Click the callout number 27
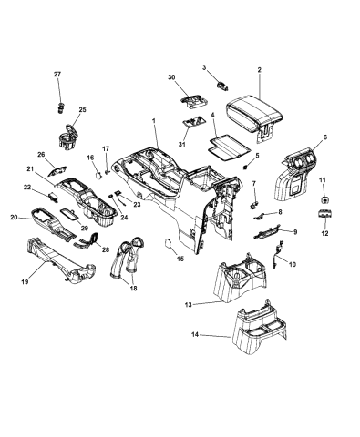pyautogui.click(x=57, y=74)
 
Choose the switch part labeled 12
pyautogui.click(x=324, y=215)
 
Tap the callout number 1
pyautogui.click(x=154, y=120)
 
